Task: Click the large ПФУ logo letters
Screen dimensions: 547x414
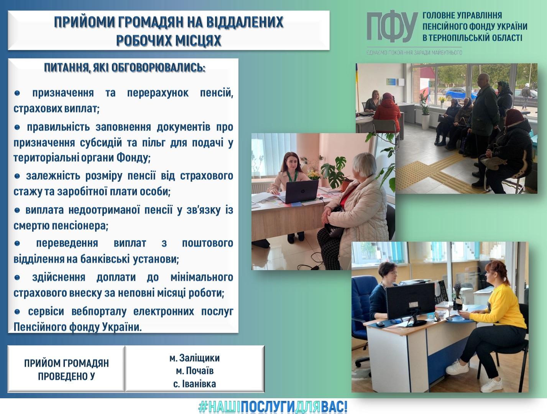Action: pyautogui.click(x=392, y=26)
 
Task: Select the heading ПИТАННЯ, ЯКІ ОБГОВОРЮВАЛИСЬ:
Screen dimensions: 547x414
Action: pyautogui.click(x=125, y=68)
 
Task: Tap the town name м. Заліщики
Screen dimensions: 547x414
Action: pyautogui.click(x=195, y=358)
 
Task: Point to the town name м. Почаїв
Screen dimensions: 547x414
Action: pyautogui.click(x=195, y=371)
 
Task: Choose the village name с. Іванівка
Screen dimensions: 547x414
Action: pyautogui.click(x=195, y=384)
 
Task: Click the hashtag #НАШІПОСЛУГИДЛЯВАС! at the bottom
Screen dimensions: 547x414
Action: pyautogui.click(x=273, y=407)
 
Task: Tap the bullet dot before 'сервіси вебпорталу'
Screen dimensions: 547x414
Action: pyautogui.click(x=17, y=312)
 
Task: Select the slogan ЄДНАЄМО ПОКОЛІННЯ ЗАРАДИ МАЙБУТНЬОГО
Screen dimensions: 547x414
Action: pyautogui.click(x=414, y=53)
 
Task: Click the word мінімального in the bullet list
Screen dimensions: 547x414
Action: pyautogui.click(x=202, y=277)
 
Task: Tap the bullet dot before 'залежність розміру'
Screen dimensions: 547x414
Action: pyautogui.click(x=17, y=176)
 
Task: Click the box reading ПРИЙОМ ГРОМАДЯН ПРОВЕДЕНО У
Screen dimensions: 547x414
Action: pyautogui.click(x=66, y=369)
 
